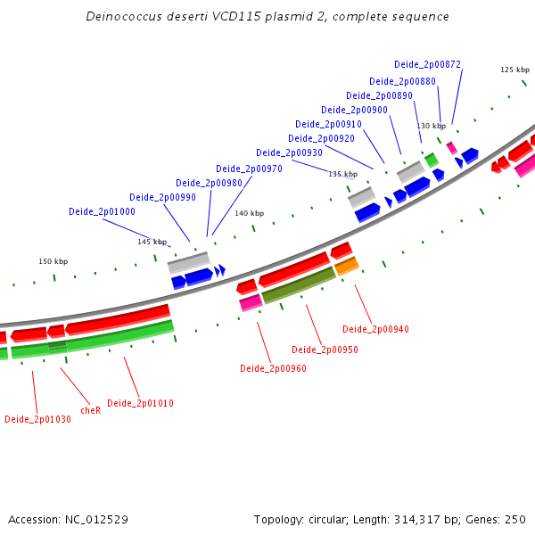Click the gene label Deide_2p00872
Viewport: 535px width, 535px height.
[x=427, y=64]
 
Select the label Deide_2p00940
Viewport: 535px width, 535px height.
[x=375, y=330]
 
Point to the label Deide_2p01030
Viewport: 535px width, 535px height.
[x=37, y=420]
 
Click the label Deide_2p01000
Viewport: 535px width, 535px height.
[x=102, y=212]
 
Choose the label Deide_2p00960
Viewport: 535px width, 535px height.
[x=273, y=368]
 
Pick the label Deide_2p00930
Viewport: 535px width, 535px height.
[x=289, y=153]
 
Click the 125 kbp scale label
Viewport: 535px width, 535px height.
[x=514, y=70]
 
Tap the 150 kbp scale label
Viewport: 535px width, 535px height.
[x=53, y=262]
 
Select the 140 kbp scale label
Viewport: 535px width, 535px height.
[x=249, y=214]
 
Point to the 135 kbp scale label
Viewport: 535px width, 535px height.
[x=342, y=175]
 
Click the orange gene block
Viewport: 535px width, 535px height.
[x=347, y=266]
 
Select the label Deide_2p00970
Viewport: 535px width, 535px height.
[x=249, y=169]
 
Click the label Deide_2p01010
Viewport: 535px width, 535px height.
[x=140, y=404]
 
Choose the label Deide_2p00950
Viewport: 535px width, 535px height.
[x=325, y=350]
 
